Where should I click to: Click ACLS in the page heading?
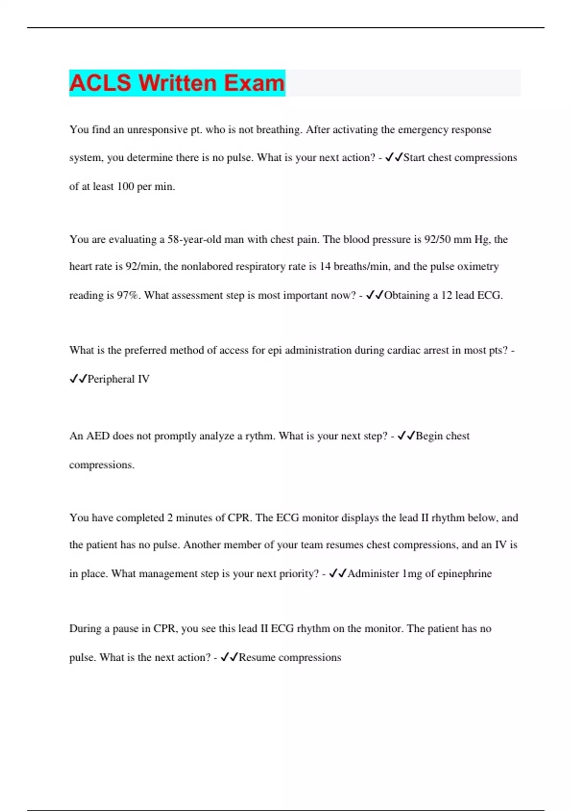coord(100,83)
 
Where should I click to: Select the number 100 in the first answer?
coord(125,187)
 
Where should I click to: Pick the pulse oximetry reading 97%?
coord(129,295)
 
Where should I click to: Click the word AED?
coord(98,436)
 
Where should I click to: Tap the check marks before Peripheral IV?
coord(78,379)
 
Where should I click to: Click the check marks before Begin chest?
coord(406,436)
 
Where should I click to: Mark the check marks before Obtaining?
coord(374,295)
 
